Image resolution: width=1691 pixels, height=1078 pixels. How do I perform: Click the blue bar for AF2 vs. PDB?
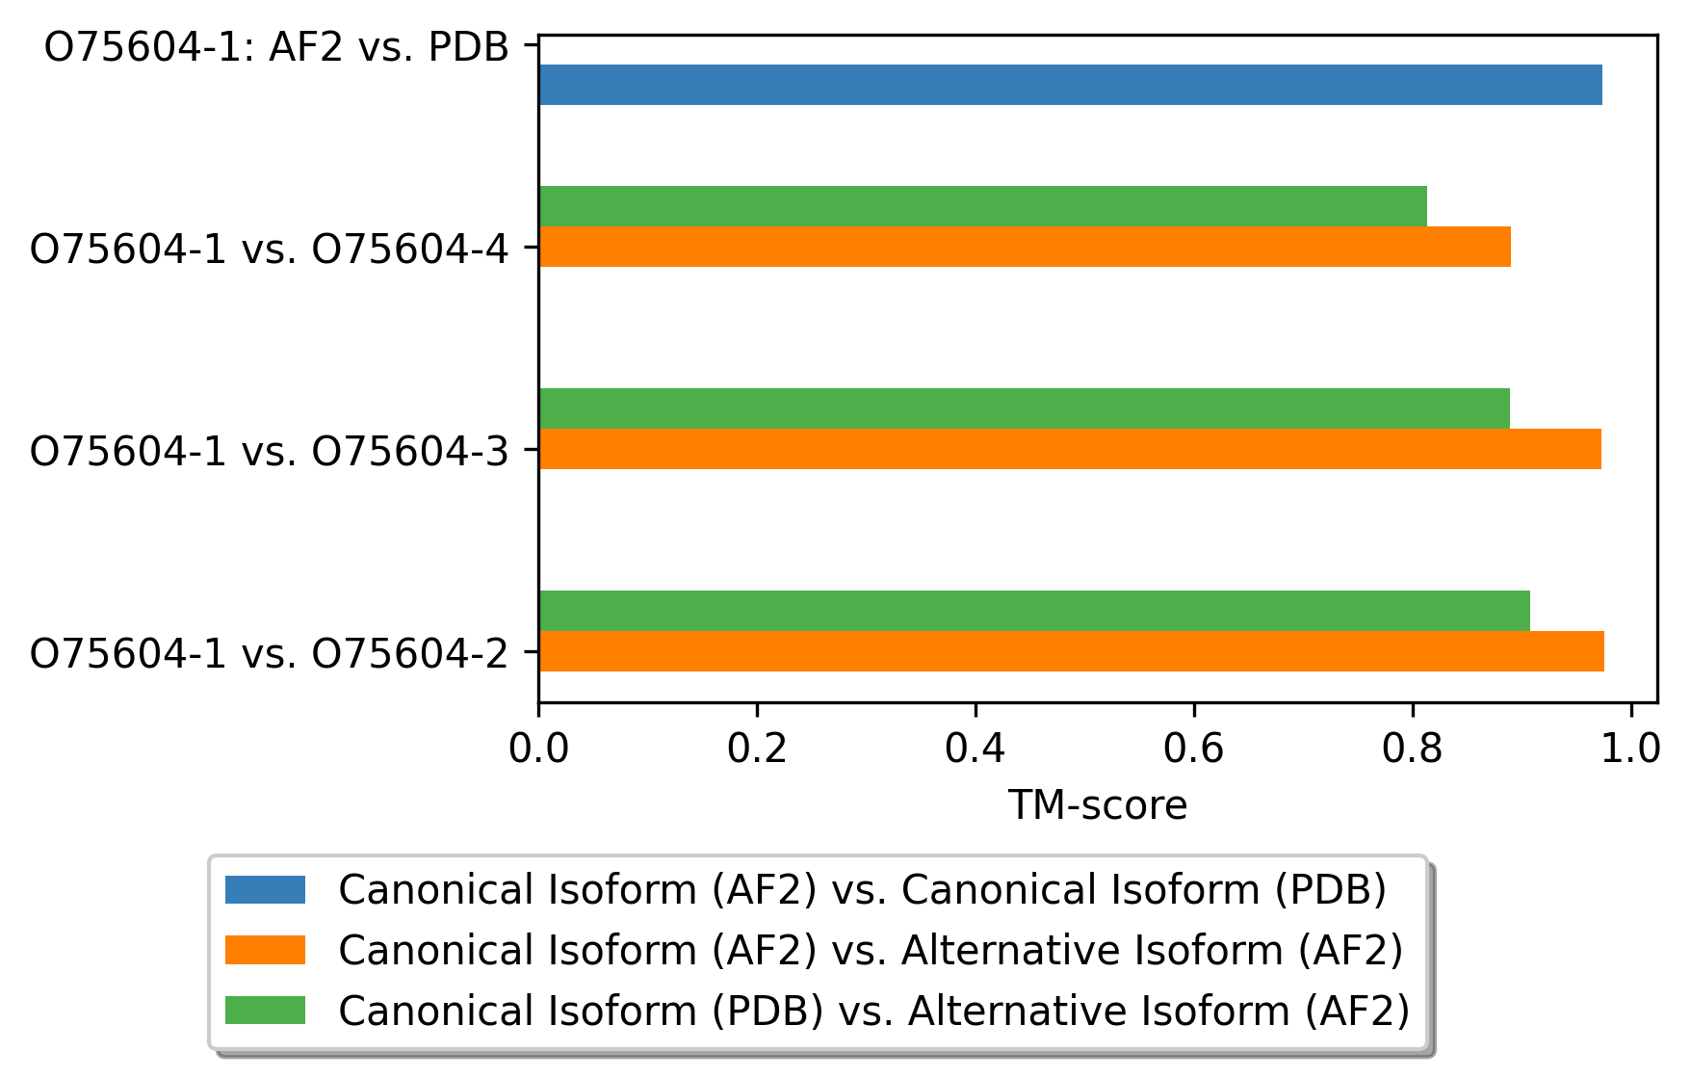[1069, 85]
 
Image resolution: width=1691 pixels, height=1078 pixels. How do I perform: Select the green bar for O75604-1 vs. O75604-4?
[982, 206]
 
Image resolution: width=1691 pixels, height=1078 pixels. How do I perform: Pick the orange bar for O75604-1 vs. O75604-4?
[1024, 247]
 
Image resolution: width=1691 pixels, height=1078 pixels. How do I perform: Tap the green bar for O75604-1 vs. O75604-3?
[1024, 408]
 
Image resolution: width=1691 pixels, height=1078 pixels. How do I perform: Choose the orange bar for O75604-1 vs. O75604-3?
[1069, 449]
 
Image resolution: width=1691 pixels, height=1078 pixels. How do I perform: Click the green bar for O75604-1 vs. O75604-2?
[1033, 611]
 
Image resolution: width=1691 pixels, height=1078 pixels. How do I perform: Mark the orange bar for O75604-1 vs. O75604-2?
[1071, 651]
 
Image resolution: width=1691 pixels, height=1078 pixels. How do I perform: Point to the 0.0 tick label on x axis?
[539, 748]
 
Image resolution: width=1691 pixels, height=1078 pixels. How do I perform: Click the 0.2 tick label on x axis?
[758, 748]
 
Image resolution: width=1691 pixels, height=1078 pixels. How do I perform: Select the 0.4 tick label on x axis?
[976, 748]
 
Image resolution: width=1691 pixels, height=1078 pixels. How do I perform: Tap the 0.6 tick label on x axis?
[1194, 748]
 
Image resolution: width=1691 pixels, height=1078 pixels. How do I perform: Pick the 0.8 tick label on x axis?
[1413, 748]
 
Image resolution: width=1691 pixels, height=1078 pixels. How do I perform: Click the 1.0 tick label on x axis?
[1630, 748]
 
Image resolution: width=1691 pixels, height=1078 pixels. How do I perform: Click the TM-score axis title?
[1097, 805]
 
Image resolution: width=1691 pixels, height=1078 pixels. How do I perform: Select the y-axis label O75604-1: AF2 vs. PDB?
[276, 46]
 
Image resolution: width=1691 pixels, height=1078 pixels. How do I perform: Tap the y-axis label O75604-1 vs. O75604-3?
[269, 451]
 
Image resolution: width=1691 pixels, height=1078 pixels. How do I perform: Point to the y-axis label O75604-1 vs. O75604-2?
[269, 653]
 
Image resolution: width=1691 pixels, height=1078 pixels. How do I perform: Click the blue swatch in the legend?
[265, 889]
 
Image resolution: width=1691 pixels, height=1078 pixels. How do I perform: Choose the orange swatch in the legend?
[265, 950]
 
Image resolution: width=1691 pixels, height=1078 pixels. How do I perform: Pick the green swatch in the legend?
[265, 1011]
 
